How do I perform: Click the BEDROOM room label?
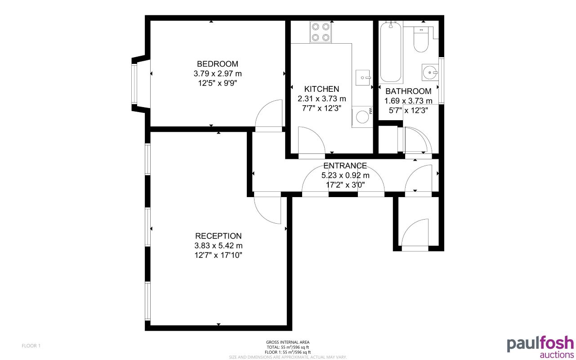[218, 64]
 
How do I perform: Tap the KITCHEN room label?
[321, 89]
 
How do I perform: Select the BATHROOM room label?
[408, 91]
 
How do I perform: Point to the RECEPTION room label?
[218, 236]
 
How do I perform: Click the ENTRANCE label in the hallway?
[345, 166]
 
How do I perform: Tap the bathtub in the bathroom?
[391, 52]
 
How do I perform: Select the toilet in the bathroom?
[421, 40]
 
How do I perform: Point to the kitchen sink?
[362, 77]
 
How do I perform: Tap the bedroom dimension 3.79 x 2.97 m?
[218, 73]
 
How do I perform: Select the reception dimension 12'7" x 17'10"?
[218, 255]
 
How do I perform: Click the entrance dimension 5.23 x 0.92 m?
[345, 175]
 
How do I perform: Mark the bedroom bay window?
[135, 84]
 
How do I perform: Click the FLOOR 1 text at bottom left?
[31, 346]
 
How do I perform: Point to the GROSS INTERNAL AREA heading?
[288, 342]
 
